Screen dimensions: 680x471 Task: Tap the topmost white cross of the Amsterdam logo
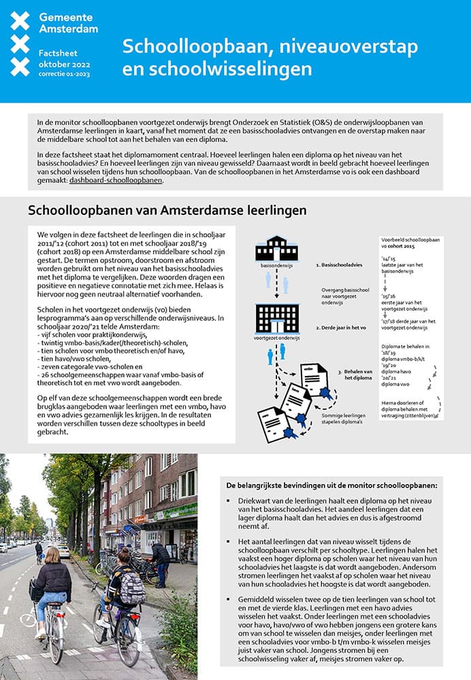tap(20, 20)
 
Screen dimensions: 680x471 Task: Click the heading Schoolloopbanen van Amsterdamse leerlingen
tap(167, 211)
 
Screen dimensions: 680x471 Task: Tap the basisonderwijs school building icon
tap(276, 249)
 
